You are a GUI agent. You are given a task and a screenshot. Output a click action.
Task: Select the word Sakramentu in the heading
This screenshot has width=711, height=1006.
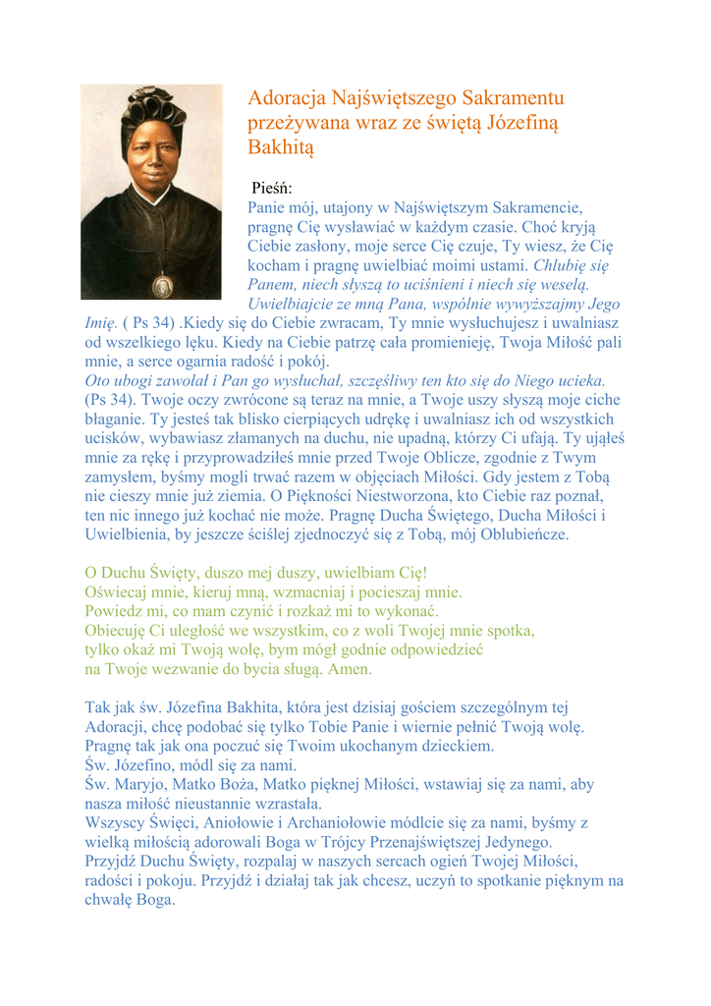tap(514, 98)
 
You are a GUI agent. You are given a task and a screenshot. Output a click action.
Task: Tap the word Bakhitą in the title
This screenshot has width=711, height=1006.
tap(280, 148)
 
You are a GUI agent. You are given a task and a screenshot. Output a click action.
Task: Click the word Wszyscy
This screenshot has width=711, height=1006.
tap(115, 821)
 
